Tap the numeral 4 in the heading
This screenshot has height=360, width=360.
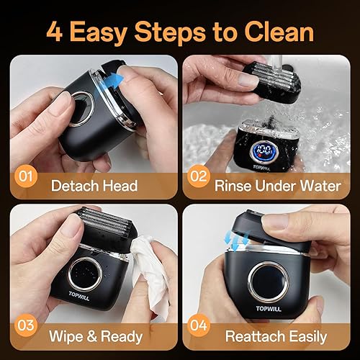(56, 32)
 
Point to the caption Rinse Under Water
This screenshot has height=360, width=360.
(277, 185)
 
